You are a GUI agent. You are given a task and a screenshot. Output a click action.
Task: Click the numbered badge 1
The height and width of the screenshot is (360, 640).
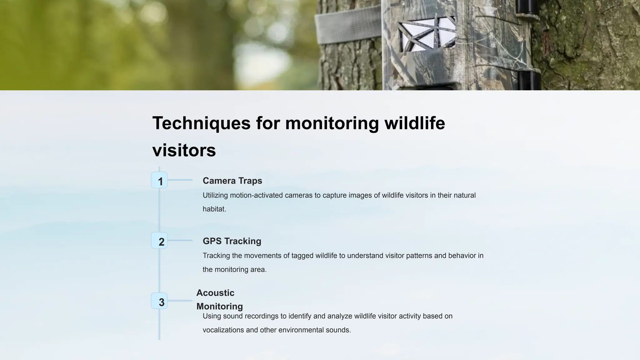159,180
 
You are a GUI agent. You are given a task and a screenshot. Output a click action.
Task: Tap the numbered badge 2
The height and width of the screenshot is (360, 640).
159,241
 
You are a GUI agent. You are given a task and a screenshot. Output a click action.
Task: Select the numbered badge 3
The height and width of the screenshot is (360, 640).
159,301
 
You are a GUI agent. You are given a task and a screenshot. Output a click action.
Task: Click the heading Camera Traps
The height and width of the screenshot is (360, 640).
232,181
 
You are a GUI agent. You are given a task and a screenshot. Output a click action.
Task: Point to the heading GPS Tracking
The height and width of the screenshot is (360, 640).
232,241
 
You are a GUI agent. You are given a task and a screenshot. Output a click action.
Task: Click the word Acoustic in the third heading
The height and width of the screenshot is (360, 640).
215,293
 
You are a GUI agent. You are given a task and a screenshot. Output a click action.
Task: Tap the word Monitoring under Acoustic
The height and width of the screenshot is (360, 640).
219,306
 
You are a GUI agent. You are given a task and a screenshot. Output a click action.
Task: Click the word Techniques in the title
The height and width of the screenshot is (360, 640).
201,123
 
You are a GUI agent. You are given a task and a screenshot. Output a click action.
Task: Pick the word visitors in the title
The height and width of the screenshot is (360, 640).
184,150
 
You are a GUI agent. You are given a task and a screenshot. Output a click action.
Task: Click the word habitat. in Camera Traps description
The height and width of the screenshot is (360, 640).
214,209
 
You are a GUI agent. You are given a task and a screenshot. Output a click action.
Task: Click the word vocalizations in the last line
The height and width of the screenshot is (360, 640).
223,330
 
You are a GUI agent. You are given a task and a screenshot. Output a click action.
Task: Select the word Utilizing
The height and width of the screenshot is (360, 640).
215,195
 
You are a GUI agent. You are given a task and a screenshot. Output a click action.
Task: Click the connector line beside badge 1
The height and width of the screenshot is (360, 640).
180,180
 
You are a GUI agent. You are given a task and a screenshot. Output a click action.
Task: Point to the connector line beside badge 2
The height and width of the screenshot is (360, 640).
180,240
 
